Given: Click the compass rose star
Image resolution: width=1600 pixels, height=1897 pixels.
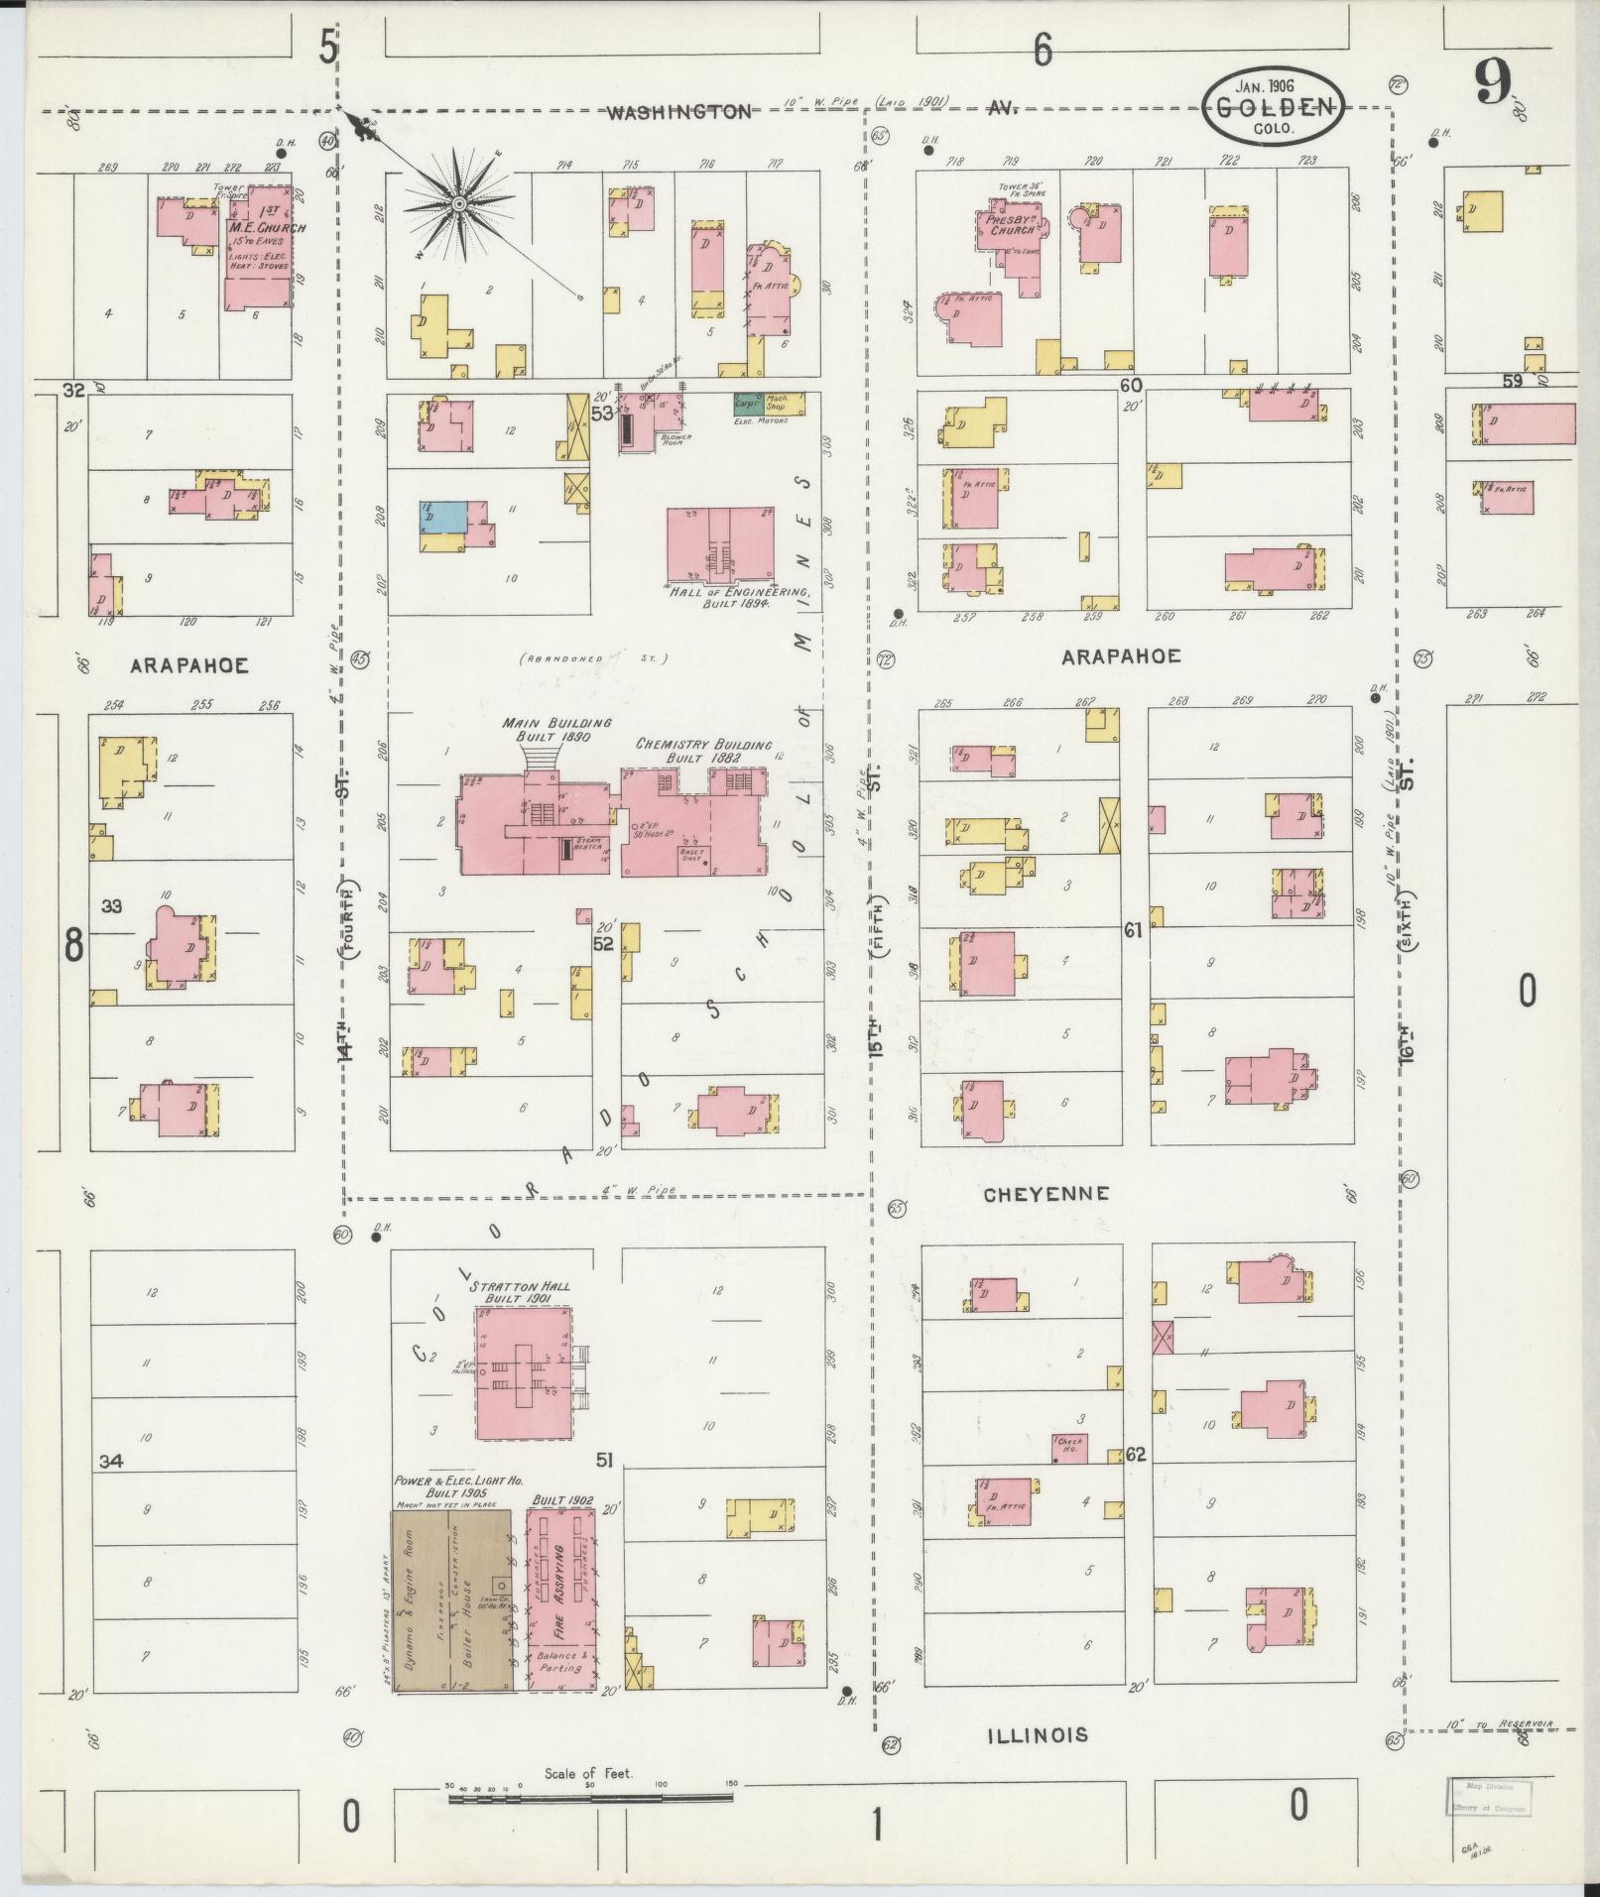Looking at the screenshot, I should click(x=459, y=203).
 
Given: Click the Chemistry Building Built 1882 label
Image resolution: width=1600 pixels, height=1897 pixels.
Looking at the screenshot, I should click(x=703, y=751).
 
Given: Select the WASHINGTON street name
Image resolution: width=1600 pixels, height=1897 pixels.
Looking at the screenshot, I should click(x=679, y=112).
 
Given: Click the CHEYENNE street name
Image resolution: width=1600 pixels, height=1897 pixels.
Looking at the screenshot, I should click(x=1046, y=1194).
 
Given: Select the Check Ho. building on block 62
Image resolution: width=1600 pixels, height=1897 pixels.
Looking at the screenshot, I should click(x=1069, y=1449).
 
